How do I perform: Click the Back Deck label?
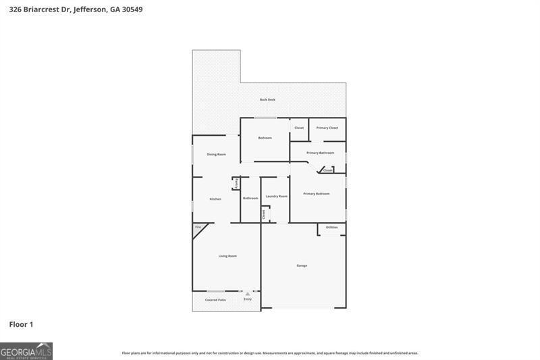[267, 100]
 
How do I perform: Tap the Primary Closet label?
[327, 128]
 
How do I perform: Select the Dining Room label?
[216, 155]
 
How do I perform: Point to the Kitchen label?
[215, 199]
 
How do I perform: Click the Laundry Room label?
[276, 197]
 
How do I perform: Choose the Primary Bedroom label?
[316, 194]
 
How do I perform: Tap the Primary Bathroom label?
[320, 153]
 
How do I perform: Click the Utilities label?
[331, 228]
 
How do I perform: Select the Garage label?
[302, 265]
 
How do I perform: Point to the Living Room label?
[227, 256]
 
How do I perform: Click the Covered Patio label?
[215, 300]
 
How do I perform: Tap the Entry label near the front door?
[248, 299]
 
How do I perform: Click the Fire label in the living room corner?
[198, 228]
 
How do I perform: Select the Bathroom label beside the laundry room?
[250, 198]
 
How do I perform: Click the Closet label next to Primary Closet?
[299, 128]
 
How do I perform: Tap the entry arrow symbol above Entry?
[248, 294]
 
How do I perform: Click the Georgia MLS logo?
[26, 351]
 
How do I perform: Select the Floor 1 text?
[21, 325]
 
